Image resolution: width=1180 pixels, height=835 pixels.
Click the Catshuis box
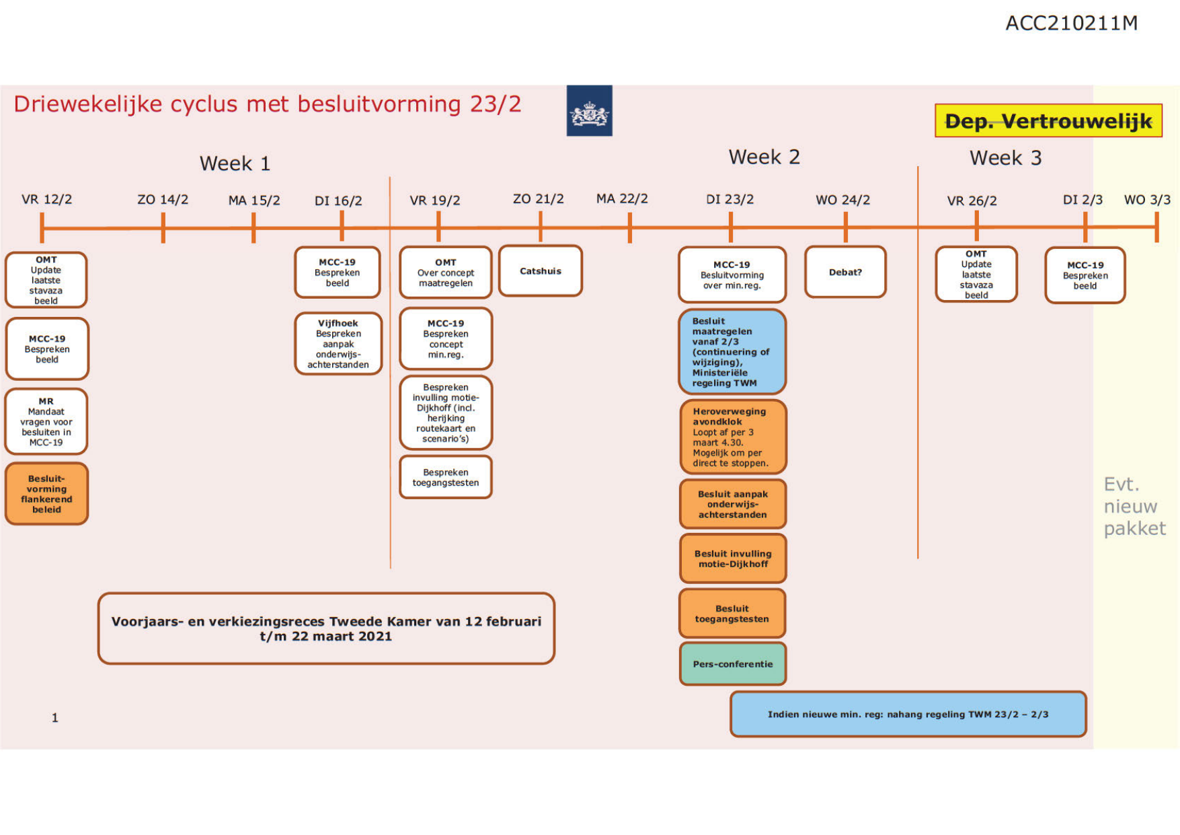click(540, 271)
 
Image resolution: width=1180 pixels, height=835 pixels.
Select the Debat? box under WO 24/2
click(845, 272)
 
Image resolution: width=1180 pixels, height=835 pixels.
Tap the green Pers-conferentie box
click(732, 664)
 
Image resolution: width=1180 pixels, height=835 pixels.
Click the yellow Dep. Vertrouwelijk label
click(1048, 121)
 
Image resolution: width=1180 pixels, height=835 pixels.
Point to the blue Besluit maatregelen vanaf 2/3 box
click(732, 352)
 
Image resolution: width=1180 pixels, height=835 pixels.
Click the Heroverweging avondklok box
click(732, 437)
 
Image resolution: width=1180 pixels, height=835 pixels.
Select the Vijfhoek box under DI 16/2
click(338, 344)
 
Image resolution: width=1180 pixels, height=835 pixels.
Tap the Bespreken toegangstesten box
click(446, 478)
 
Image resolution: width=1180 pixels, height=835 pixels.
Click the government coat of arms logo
click(589, 111)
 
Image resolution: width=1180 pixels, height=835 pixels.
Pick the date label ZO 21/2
click(538, 199)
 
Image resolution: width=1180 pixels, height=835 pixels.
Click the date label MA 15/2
click(253, 201)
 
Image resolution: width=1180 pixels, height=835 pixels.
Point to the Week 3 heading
click(1005, 158)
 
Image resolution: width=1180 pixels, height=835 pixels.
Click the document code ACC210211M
click(1071, 24)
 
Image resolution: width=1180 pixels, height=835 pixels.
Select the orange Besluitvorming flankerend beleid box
click(46, 494)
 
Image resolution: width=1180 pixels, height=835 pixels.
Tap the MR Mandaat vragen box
click(46, 422)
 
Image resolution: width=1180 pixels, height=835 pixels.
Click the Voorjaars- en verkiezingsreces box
click(326, 628)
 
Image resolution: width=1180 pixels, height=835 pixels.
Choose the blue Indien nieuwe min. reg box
click(908, 715)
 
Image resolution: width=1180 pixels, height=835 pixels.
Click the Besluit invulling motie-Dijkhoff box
click(732, 558)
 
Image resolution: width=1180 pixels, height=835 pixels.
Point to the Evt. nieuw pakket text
click(1134, 506)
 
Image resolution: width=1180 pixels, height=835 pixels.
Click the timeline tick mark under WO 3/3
click(1156, 227)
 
